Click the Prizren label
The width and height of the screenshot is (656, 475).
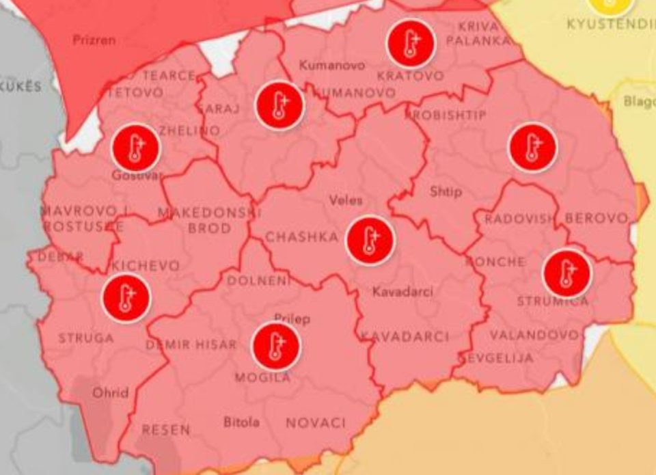coord(94,40)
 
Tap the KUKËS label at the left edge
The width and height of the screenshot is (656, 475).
coord(20,87)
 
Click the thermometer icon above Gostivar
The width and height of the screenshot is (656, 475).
coord(136,147)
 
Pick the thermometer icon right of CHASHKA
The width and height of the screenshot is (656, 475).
coord(370,240)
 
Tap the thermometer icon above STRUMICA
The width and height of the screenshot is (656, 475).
coord(566,273)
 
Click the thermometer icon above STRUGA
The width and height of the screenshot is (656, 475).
coord(126,298)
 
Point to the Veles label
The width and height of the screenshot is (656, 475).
coord(346,201)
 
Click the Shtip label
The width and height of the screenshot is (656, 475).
coord(446,192)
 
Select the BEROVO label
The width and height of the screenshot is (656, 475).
coord(596,219)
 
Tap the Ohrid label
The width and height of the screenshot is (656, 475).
coord(111,392)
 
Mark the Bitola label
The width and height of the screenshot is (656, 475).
coord(241,422)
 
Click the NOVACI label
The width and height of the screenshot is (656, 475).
coord(316,423)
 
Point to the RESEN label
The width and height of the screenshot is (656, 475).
coord(166,431)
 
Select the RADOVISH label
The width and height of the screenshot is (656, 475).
coord(519,219)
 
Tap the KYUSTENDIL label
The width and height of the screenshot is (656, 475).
coord(611,24)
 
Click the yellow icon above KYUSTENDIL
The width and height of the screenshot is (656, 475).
coord(611,4)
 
